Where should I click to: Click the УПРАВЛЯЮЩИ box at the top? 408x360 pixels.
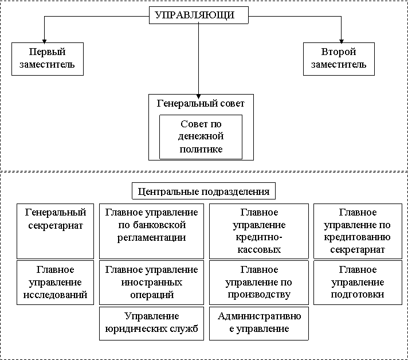(x=199, y=15)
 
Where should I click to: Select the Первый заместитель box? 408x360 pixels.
(x=48, y=59)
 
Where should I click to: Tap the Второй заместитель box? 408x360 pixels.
(x=339, y=59)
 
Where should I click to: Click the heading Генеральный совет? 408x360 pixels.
(x=201, y=104)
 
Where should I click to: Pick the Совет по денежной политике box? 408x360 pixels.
(x=201, y=137)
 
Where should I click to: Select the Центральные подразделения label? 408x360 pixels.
(x=204, y=191)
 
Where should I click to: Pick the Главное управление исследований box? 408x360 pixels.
(x=56, y=282)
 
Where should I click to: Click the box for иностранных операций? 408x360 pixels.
(x=151, y=282)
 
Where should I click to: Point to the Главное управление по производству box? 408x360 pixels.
(x=259, y=282)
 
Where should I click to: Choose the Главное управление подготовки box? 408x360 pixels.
(x=358, y=282)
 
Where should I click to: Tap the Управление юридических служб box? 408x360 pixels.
(x=151, y=323)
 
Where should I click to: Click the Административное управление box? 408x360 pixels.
(x=259, y=323)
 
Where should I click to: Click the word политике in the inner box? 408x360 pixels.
(x=201, y=150)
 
